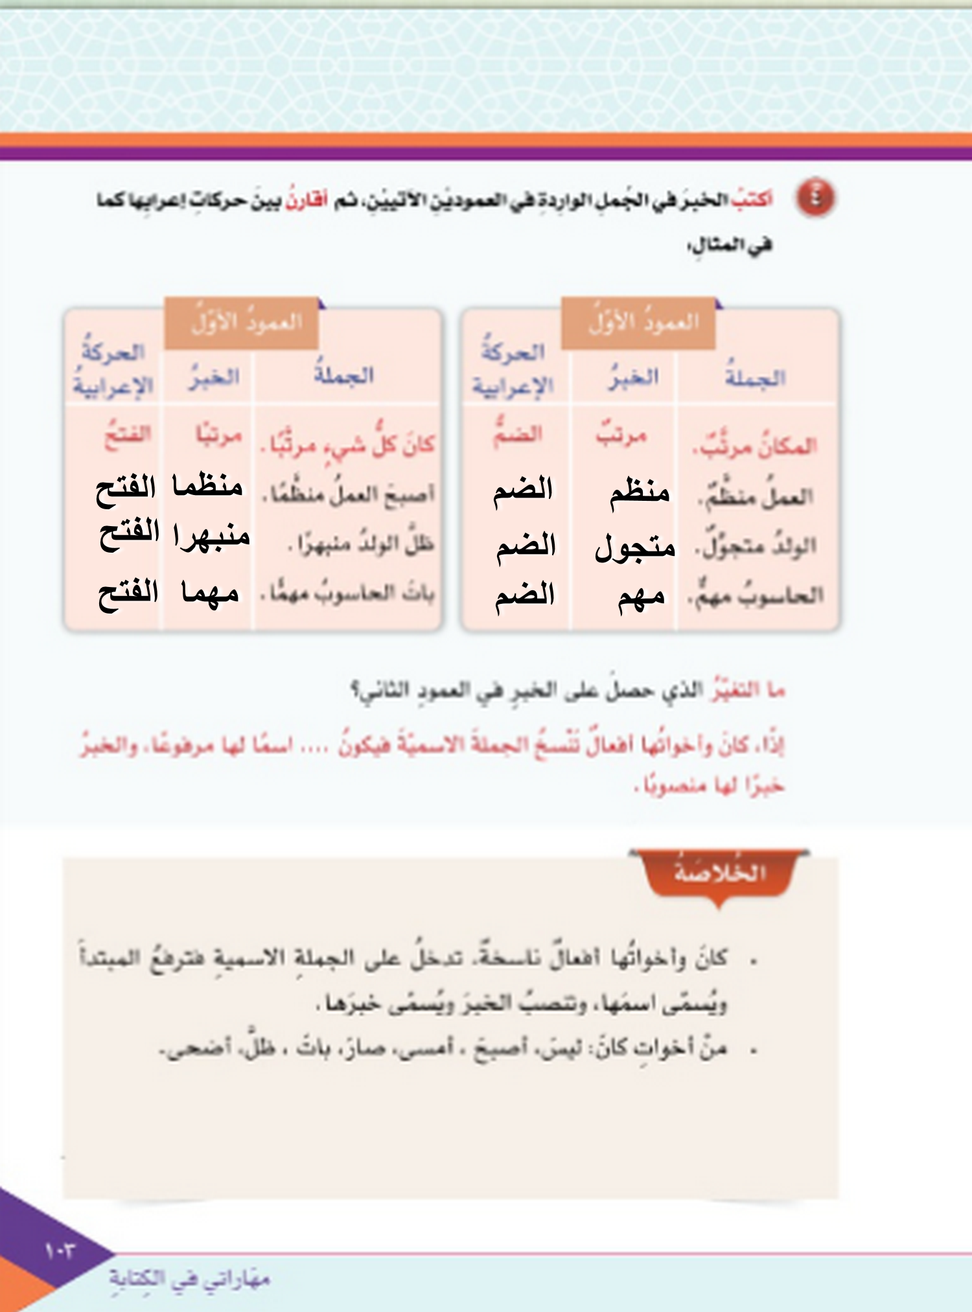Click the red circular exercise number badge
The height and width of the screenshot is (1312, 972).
pyautogui.click(x=815, y=198)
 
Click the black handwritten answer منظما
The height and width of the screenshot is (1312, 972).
pyautogui.click(x=207, y=486)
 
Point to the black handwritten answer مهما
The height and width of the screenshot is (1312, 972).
pyautogui.click(x=210, y=593)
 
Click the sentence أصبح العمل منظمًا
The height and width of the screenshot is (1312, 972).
pyautogui.click(x=350, y=495)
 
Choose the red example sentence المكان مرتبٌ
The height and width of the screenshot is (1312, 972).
pyautogui.click(x=755, y=446)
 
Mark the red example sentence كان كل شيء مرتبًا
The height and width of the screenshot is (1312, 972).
pyautogui.click(x=349, y=444)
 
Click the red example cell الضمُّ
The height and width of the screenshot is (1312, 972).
pyautogui.click(x=517, y=433)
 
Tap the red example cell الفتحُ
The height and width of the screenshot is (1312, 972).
pyautogui.click(x=128, y=434)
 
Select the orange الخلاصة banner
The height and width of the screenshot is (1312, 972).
pyautogui.click(x=719, y=873)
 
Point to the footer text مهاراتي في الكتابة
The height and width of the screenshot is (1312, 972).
pyautogui.click(x=189, y=1278)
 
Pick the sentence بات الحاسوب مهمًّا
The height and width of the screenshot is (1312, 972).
pyautogui.click(x=349, y=592)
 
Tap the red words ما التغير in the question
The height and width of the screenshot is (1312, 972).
pyautogui.click(x=748, y=691)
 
